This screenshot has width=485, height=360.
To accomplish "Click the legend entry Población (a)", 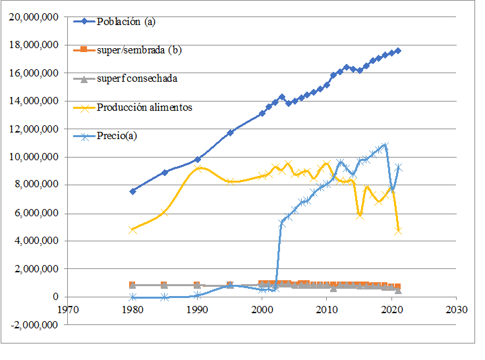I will pos(125,21).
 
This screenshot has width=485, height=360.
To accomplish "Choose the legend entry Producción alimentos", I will pos(144,107).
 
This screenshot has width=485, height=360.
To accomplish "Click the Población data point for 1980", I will pos(132,191).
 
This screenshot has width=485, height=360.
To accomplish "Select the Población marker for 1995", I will pos(230,133).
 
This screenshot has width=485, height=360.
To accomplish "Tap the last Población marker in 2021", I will pos(398,51).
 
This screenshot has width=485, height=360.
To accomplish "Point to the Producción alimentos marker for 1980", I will pos(132,229).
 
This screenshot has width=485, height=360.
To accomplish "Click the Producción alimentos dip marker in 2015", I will pos(359,215).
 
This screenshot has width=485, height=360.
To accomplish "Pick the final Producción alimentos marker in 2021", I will pos(398,231).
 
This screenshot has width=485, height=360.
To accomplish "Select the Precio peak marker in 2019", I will pos(385,146).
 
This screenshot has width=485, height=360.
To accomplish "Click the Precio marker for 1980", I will pos(132,297).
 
